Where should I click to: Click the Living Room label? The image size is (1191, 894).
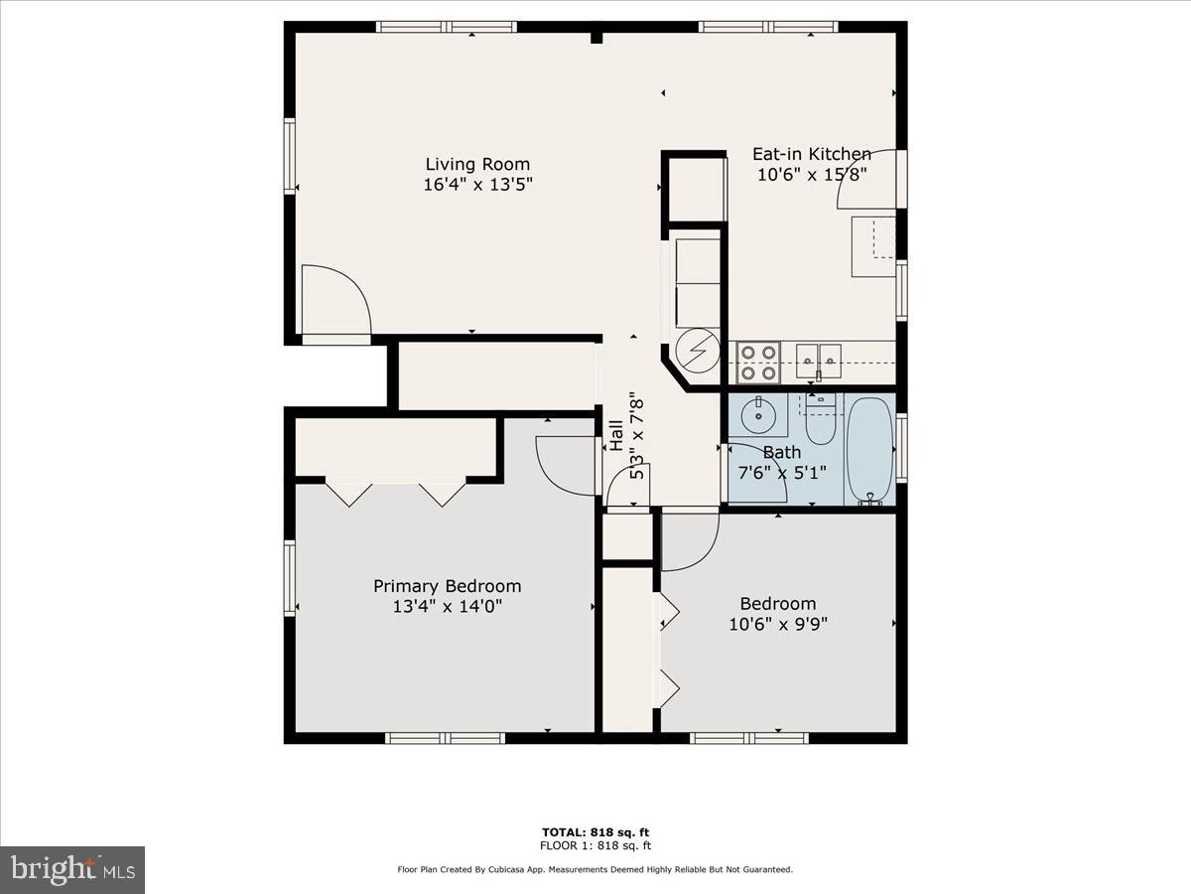coord(477,164)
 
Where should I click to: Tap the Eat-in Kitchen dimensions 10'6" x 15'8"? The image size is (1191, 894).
coord(811,174)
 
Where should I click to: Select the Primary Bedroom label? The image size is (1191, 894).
coord(447,586)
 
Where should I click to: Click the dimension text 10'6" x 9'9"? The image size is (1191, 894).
coord(778,624)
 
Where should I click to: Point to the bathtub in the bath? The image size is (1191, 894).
coord(870,449)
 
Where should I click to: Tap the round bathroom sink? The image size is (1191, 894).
coord(759,415)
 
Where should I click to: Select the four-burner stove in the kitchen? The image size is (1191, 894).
coord(757,363)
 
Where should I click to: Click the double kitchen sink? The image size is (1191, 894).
coord(818,356)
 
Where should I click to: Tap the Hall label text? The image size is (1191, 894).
coord(616,437)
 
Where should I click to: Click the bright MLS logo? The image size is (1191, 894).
coord(72,869)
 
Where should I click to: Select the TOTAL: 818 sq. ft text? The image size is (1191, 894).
coord(595,831)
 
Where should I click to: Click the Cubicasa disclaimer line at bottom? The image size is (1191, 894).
coord(595,869)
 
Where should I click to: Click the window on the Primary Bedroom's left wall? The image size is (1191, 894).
coord(290,577)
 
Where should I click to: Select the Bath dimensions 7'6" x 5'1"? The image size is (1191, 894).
coord(782,472)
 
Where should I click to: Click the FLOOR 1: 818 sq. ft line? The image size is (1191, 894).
coord(595,845)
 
